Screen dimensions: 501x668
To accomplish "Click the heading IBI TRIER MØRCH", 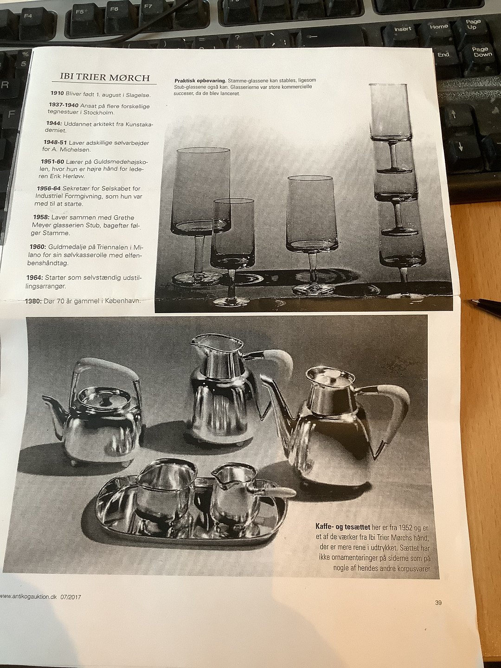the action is (105, 77).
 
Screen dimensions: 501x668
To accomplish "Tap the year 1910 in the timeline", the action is (58, 93).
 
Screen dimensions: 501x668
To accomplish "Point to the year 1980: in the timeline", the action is (33, 301).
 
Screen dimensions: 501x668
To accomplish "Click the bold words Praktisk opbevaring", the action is (200, 81).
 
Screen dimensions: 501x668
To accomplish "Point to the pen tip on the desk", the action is (473, 301).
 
